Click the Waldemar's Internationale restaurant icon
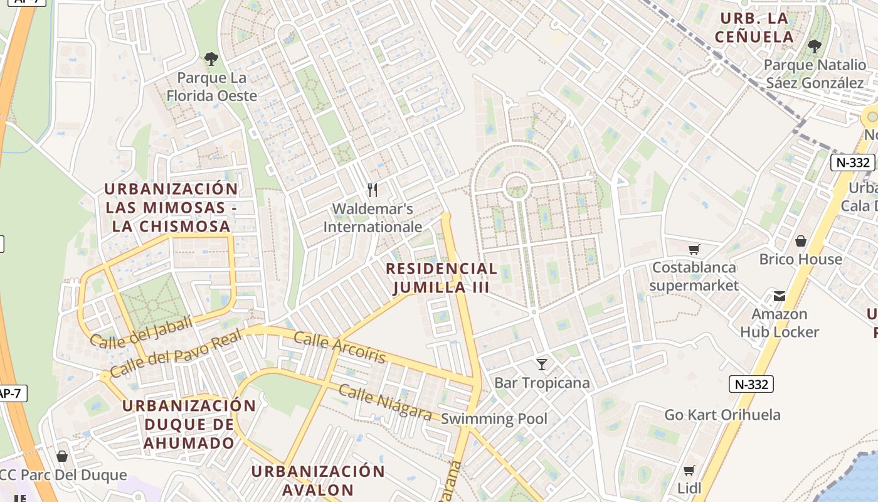pos(373,190)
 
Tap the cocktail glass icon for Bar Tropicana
pos(542,364)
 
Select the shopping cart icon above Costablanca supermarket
pos(694,249)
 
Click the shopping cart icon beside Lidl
pos(689,470)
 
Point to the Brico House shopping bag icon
pos(800,241)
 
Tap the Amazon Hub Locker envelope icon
pos(780,296)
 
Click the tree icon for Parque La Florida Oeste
pos(211,59)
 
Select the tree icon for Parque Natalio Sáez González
pos(814,46)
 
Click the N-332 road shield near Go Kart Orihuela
pos(751,384)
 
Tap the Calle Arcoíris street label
pos(339,348)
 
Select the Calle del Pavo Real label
pos(175,356)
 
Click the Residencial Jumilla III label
pos(442,278)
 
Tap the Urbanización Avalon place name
pos(318,480)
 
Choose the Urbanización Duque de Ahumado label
pos(189,424)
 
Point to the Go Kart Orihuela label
pos(722,415)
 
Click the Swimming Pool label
pos(494,419)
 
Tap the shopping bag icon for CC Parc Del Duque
pos(61,456)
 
